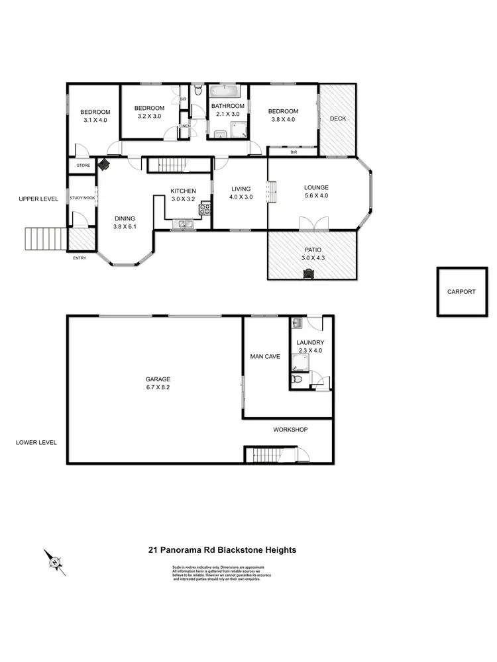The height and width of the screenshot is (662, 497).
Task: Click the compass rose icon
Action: click(55, 562)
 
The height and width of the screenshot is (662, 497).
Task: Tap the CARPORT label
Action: click(461, 291)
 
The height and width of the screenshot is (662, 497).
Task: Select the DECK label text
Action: click(338, 119)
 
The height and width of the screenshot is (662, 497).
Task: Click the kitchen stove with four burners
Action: click(205, 210)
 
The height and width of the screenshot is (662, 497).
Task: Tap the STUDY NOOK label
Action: click(82, 198)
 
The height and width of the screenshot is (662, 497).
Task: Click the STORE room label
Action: click(83, 165)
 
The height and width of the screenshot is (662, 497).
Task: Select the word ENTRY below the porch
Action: click(80, 258)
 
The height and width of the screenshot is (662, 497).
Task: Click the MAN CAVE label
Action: click(264, 356)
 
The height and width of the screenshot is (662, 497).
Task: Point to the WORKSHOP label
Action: click(291, 430)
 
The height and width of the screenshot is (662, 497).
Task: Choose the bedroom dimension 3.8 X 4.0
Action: click(283, 120)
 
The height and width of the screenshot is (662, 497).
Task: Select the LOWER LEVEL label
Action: click(36, 442)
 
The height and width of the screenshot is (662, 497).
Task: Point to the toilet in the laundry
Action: click(298, 380)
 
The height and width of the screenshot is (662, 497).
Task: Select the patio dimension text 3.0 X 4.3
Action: click(311, 258)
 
